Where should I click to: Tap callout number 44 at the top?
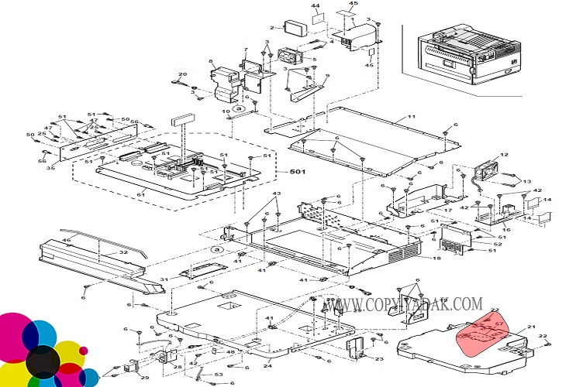point(316,6)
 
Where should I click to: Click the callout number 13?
point(527,183)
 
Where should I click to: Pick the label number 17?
point(447,210)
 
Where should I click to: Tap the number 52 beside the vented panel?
point(497,245)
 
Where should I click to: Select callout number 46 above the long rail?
point(67,241)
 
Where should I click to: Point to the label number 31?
point(164,279)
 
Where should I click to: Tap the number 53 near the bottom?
point(219,375)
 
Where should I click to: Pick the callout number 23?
point(379,358)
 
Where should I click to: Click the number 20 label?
point(183,74)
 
